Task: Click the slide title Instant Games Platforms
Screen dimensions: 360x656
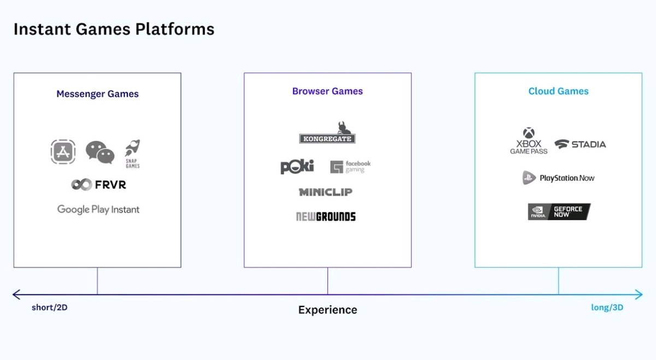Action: coord(114,29)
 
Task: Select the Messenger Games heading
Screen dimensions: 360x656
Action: coord(97,94)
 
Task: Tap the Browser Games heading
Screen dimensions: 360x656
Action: coord(327,91)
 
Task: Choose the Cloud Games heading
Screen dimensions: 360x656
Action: coord(558,91)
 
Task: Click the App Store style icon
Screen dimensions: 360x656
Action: coord(63,152)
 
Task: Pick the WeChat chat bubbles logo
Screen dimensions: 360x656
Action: coord(100,152)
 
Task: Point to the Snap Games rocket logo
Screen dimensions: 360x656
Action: coord(133,154)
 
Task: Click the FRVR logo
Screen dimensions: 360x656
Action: coord(98,185)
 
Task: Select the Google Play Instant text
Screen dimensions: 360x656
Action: coord(98,209)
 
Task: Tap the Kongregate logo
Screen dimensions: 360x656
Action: coord(327,133)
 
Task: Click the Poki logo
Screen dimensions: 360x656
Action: coord(297,167)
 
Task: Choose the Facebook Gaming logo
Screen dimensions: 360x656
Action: coord(350,167)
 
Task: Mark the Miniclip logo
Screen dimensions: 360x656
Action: coord(325,192)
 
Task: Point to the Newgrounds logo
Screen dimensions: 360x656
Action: coord(326,216)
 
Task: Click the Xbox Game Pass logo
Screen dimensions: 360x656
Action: coord(529,141)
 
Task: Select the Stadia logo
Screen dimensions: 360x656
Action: coord(580,144)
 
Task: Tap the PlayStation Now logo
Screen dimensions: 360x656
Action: coord(558,178)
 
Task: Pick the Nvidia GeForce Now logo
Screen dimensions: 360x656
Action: coord(559,211)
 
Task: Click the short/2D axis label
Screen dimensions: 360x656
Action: coord(50,308)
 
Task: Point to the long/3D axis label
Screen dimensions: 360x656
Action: coord(607,308)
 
